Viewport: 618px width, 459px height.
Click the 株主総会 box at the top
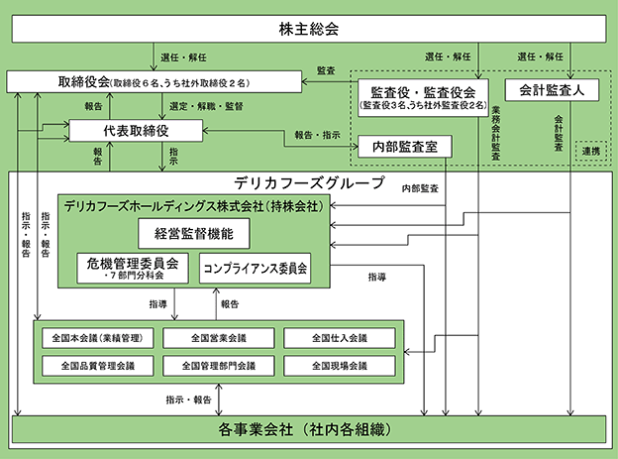click(x=309, y=29)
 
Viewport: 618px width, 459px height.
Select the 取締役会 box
click(x=154, y=82)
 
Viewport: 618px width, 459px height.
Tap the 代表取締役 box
click(x=136, y=131)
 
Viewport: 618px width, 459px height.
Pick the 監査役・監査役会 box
click(x=423, y=98)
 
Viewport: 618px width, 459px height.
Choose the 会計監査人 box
click(x=552, y=90)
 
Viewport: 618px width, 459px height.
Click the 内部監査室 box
click(x=405, y=147)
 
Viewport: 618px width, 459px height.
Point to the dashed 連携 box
click(x=591, y=151)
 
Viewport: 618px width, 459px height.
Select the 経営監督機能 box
click(x=194, y=234)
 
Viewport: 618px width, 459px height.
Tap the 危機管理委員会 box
click(x=133, y=269)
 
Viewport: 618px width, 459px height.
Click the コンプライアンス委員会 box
click(x=255, y=269)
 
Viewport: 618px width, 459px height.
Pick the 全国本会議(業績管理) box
click(x=98, y=338)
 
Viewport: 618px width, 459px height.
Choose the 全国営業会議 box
click(x=219, y=338)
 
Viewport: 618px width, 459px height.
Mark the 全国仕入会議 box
click(x=340, y=338)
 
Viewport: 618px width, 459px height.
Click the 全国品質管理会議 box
click(x=98, y=366)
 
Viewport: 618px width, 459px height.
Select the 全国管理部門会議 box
click(x=219, y=366)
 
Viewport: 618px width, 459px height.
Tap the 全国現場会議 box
click(x=340, y=366)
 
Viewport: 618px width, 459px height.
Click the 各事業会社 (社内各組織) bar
click(x=309, y=429)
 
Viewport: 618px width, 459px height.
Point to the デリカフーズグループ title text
click(x=309, y=182)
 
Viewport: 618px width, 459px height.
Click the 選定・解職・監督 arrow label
click(x=206, y=106)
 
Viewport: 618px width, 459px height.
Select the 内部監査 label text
click(x=420, y=188)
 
